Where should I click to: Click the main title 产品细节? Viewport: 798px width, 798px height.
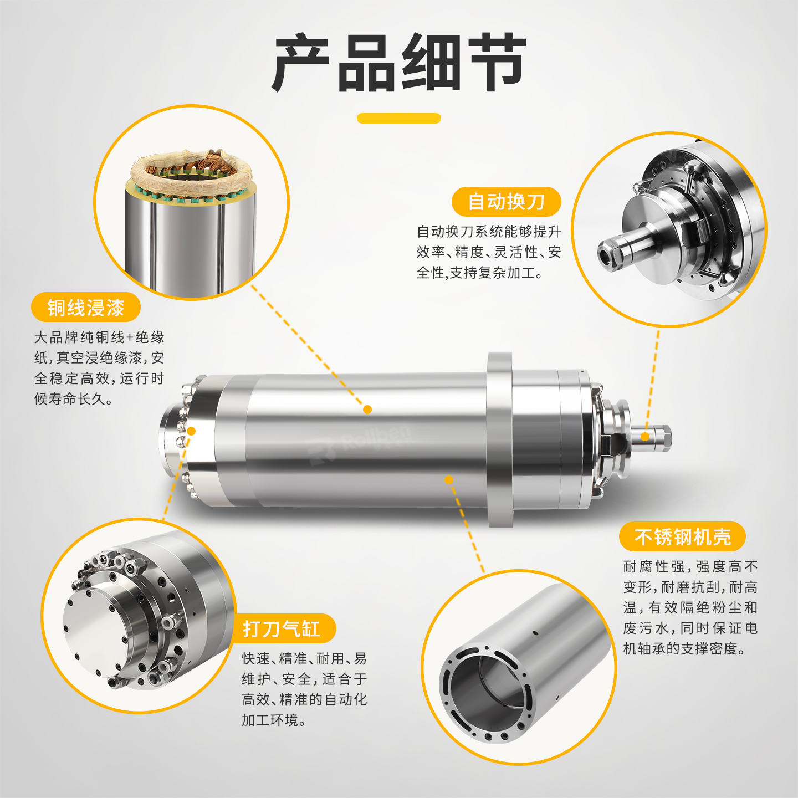[x=399, y=63]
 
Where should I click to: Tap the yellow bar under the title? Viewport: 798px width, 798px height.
[x=399, y=118]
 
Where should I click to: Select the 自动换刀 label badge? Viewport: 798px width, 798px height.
[x=506, y=202]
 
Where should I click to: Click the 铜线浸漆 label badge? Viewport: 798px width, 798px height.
[x=86, y=307]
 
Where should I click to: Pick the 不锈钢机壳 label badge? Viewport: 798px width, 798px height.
[x=682, y=536]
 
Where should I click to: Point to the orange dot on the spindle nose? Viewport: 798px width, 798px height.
[x=645, y=437]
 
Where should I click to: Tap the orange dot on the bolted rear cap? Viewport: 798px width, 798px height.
[x=191, y=431]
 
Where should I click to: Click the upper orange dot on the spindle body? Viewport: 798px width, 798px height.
[x=367, y=410]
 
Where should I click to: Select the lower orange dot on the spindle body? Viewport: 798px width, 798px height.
[x=449, y=480]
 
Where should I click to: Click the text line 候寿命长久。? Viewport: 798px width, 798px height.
[x=73, y=399]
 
